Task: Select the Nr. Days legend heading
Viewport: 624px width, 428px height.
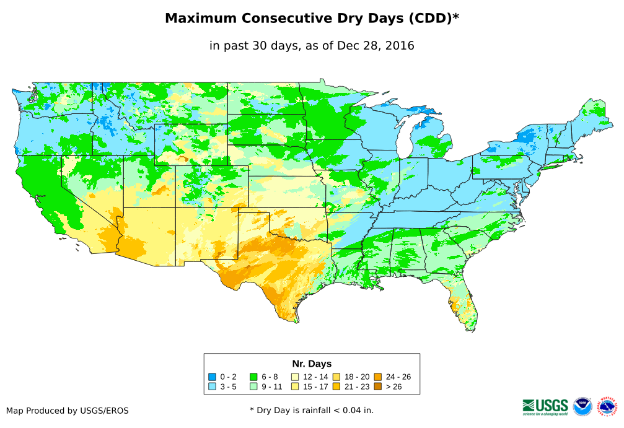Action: pos(312,364)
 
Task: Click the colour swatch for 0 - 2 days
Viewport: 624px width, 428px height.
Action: pos(213,377)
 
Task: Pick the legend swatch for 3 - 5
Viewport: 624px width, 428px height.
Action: pos(213,387)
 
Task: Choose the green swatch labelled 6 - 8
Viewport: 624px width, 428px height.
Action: pos(253,377)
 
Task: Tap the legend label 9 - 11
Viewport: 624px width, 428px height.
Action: pos(272,387)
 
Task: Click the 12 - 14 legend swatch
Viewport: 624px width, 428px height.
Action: pos(295,377)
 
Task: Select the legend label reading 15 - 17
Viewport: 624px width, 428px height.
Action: pos(315,387)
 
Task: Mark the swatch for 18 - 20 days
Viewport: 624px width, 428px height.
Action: pos(336,377)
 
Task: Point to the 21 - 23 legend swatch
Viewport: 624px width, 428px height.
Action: pos(336,387)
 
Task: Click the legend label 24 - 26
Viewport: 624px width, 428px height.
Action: pos(398,377)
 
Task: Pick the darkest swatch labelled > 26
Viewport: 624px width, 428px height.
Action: pos(377,387)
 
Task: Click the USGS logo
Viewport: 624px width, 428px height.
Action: pos(545,406)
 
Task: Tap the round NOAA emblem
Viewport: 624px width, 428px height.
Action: pos(582,406)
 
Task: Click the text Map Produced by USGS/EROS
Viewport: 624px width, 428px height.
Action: pos(68,411)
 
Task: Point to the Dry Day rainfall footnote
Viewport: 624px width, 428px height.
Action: pos(312,410)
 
